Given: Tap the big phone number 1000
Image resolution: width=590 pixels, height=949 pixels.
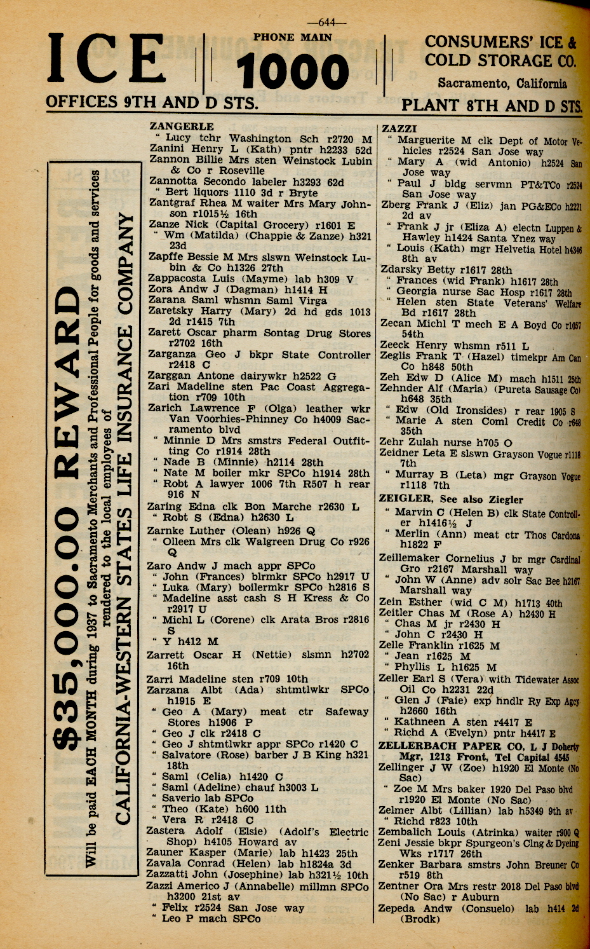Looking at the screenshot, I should [293, 71].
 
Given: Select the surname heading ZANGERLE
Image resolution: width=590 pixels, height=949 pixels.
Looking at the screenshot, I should [182, 126].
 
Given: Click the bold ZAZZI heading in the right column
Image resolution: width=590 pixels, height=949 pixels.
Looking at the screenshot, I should [399, 129].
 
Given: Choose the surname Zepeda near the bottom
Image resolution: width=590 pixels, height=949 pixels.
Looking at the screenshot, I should [398, 908].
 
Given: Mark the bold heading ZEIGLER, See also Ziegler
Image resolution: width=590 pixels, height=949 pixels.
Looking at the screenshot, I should [451, 499].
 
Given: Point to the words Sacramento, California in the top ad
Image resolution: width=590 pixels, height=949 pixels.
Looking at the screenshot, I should [502, 83].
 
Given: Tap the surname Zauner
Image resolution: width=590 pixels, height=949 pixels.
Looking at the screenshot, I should [165, 852].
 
